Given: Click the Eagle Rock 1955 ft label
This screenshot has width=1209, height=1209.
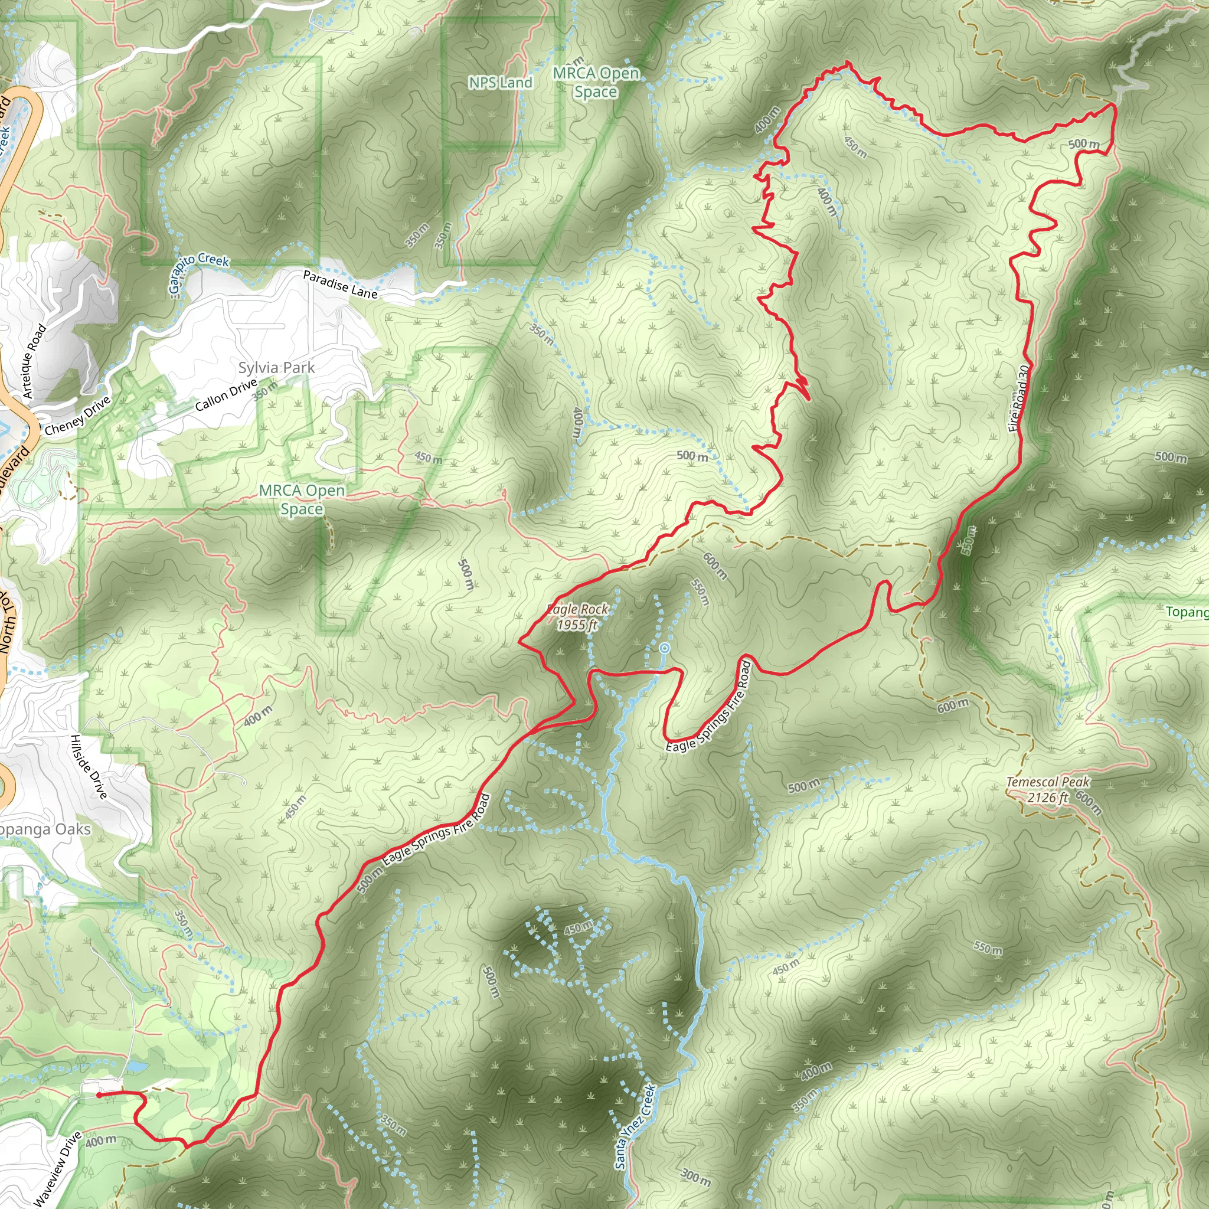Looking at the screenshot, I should (577, 617).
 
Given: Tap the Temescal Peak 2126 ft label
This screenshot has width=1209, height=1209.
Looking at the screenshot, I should (1048, 790).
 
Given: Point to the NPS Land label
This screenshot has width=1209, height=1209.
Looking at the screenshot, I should (500, 83).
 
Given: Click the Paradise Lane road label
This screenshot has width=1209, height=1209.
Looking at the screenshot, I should (341, 284).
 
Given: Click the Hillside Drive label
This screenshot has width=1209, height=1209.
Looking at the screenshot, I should (89, 767).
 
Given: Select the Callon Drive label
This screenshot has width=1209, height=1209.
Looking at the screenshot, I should (226, 395).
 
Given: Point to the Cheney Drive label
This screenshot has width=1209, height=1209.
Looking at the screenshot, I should (77, 416).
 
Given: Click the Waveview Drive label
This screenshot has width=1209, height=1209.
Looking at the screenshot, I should (58, 1169).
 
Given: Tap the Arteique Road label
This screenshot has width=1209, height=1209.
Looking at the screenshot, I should (34, 361).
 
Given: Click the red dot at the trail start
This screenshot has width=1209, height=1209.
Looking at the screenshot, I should (100, 1095).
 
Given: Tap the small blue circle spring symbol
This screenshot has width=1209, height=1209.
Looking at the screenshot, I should (665, 648).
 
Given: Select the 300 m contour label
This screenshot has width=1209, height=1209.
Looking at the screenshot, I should (695, 1177).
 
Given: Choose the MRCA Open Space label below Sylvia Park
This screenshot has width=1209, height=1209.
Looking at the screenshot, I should (302, 499).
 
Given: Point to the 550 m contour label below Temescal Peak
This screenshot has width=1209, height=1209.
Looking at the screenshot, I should (987, 948).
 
